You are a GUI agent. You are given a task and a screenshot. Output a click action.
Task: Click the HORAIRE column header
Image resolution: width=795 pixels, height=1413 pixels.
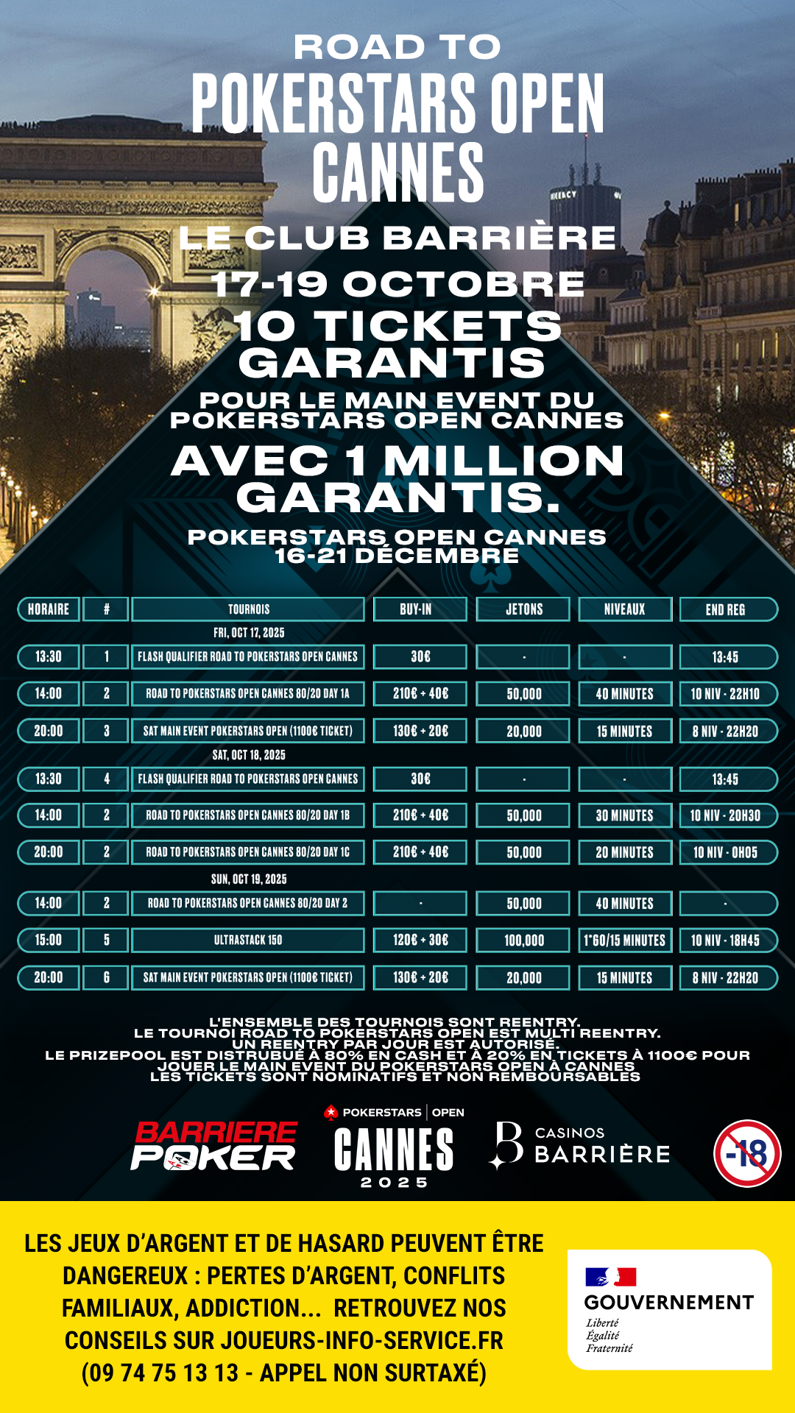point(49,609)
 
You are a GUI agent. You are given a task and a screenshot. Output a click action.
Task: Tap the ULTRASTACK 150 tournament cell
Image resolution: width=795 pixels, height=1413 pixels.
point(248,940)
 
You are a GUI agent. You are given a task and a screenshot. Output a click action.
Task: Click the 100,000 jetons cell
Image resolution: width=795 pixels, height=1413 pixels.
point(523,940)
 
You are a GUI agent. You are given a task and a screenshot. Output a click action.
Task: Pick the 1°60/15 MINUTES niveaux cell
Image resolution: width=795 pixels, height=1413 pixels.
point(624,940)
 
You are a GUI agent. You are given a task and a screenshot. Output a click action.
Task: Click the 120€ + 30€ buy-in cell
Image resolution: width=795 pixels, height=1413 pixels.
point(420,940)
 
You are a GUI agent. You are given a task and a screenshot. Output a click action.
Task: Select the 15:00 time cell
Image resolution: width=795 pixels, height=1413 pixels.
point(49,940)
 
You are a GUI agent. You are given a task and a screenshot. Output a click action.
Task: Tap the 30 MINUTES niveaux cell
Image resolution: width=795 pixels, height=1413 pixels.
point(624,815)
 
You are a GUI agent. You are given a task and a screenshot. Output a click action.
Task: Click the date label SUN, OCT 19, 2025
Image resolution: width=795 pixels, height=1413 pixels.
point(249,879)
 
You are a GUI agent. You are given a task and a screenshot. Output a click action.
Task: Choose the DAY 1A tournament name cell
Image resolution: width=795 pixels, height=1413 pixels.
point(248,693)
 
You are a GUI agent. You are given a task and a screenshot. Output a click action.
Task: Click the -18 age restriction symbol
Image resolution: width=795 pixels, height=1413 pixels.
point(747,1153)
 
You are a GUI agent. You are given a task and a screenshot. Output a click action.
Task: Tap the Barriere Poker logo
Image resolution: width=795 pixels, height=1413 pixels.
point(214,1146)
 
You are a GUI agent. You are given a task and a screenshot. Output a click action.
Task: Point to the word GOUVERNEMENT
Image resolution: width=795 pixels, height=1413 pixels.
point(668,1303)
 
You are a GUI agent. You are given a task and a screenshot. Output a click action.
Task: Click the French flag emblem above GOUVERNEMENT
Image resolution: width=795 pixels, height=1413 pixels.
point(610,1277)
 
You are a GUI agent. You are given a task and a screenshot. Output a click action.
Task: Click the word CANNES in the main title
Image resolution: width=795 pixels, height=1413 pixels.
point(397,173)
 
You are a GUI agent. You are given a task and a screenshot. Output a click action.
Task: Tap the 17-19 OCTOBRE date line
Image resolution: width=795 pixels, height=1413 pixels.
point(397,284)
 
